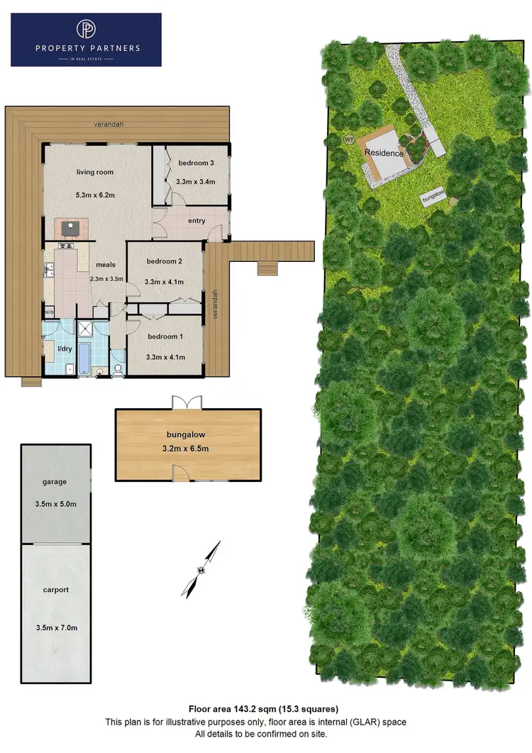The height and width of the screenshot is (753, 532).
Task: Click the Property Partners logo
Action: coord(86,40)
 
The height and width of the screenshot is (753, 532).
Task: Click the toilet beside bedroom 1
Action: coord(118,368)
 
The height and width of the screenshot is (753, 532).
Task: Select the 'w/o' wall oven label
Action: coord(49,312)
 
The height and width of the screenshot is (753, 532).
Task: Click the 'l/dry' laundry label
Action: coord(65,348)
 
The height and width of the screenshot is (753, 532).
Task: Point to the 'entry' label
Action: coord(196,221)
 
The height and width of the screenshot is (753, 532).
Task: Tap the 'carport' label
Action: coord(55,590)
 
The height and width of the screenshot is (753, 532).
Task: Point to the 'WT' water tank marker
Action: coord(348,140)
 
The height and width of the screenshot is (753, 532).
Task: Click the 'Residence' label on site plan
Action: coord(384,153)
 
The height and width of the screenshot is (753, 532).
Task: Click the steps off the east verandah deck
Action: coord(267,268)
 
